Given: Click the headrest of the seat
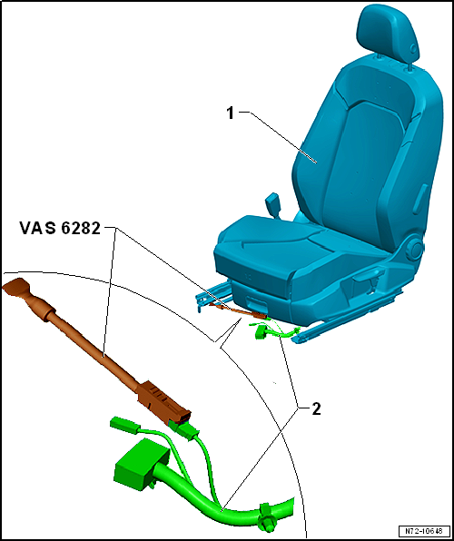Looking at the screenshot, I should [388, 34].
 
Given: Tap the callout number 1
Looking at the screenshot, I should [232, 113].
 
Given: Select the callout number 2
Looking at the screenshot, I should [315, 408].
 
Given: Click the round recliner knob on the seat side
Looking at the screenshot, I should [414, 247].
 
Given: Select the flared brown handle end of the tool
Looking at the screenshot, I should [20, 294].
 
